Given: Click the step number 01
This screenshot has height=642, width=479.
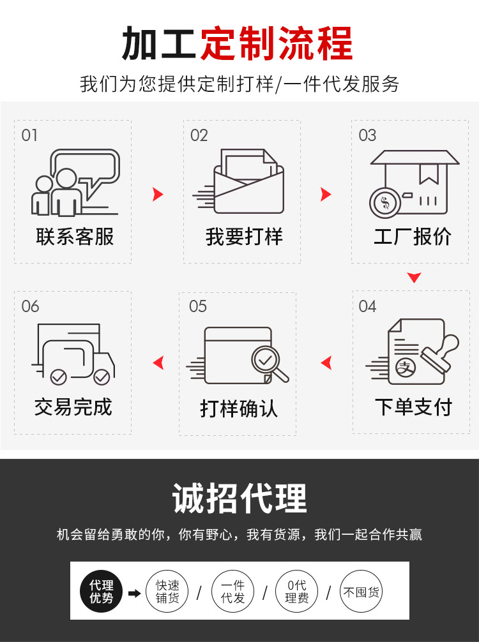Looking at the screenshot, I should [x=29, y=135].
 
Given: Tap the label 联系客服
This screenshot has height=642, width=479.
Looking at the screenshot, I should [x=75, y=237].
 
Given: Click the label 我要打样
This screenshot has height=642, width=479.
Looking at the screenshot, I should [x=244, y=237].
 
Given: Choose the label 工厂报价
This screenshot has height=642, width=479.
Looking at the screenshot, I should [x=413, y=237].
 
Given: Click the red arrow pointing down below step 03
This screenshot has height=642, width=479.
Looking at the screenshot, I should [x=414, y=278].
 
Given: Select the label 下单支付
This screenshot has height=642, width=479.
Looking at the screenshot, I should [x=413, y=407].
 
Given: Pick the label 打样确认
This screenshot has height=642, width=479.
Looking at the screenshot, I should [x=239, y=408].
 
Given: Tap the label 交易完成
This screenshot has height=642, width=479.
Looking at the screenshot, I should [x=73, y=407].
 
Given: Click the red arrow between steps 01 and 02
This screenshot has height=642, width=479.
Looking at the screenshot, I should [x=157, y=195].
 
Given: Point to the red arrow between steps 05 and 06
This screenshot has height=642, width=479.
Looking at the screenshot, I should [x=158, y=363].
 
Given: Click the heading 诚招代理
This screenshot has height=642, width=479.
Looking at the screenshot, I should [x=240, y=498].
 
